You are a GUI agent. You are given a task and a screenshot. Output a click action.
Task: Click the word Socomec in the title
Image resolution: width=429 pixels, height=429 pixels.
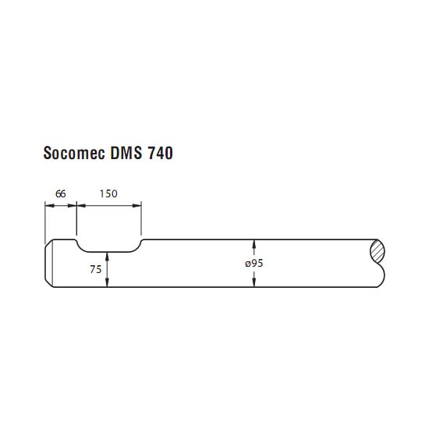point(74,153)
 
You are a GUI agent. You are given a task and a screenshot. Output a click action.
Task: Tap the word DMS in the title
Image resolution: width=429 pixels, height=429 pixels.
point(126,153)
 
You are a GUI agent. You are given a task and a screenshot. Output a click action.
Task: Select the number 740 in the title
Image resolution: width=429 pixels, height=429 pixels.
point(161,153)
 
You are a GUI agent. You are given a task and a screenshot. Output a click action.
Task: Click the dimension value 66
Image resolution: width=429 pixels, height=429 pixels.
point(61,193)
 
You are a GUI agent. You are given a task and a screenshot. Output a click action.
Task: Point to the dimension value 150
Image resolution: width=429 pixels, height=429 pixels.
point(108,193)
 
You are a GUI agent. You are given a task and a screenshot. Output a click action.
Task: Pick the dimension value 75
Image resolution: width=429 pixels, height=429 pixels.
point(95,269)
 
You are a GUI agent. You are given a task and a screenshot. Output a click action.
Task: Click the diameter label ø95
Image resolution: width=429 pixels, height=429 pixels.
point(254,263)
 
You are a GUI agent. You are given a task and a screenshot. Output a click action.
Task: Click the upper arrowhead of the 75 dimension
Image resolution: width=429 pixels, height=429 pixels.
point(107,257)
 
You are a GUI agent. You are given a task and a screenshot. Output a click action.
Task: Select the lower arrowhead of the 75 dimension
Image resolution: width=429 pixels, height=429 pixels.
point(107,282)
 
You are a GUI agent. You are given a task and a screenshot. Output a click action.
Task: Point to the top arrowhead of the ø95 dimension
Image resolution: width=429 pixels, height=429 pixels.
point(254,244)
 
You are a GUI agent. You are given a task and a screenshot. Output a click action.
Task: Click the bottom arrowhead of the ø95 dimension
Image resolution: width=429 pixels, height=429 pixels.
point(254,282)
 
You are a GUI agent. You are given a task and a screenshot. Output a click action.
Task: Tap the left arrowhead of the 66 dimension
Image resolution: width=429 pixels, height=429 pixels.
point(49,205)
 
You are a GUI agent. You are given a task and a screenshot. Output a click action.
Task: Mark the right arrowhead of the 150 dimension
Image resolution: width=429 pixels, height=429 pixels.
point(136,205)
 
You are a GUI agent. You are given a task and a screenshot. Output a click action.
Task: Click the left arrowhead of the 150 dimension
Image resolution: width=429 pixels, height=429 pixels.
point(82,205)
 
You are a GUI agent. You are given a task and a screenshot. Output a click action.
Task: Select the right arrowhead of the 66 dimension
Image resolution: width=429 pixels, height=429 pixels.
point(72,205)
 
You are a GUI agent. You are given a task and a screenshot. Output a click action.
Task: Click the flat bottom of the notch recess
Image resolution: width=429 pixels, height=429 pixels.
point(108,252)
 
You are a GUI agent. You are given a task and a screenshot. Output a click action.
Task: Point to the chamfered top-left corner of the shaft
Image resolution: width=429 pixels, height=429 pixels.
point(48,243)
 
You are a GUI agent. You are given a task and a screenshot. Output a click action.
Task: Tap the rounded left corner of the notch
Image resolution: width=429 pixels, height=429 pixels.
point(80,246)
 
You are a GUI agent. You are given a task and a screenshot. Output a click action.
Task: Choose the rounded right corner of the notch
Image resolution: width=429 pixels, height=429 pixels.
point(137,247)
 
